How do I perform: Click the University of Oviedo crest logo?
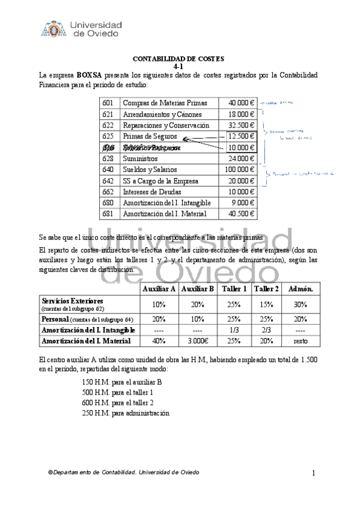52,29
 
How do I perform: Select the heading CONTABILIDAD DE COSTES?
178,58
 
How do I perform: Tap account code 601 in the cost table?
109,103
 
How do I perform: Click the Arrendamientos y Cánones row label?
162,114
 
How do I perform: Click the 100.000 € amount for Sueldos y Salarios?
239,170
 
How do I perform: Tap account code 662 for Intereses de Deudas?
109,192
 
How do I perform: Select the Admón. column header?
300,289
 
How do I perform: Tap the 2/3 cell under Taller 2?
266,330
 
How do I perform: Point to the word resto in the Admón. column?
300,341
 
